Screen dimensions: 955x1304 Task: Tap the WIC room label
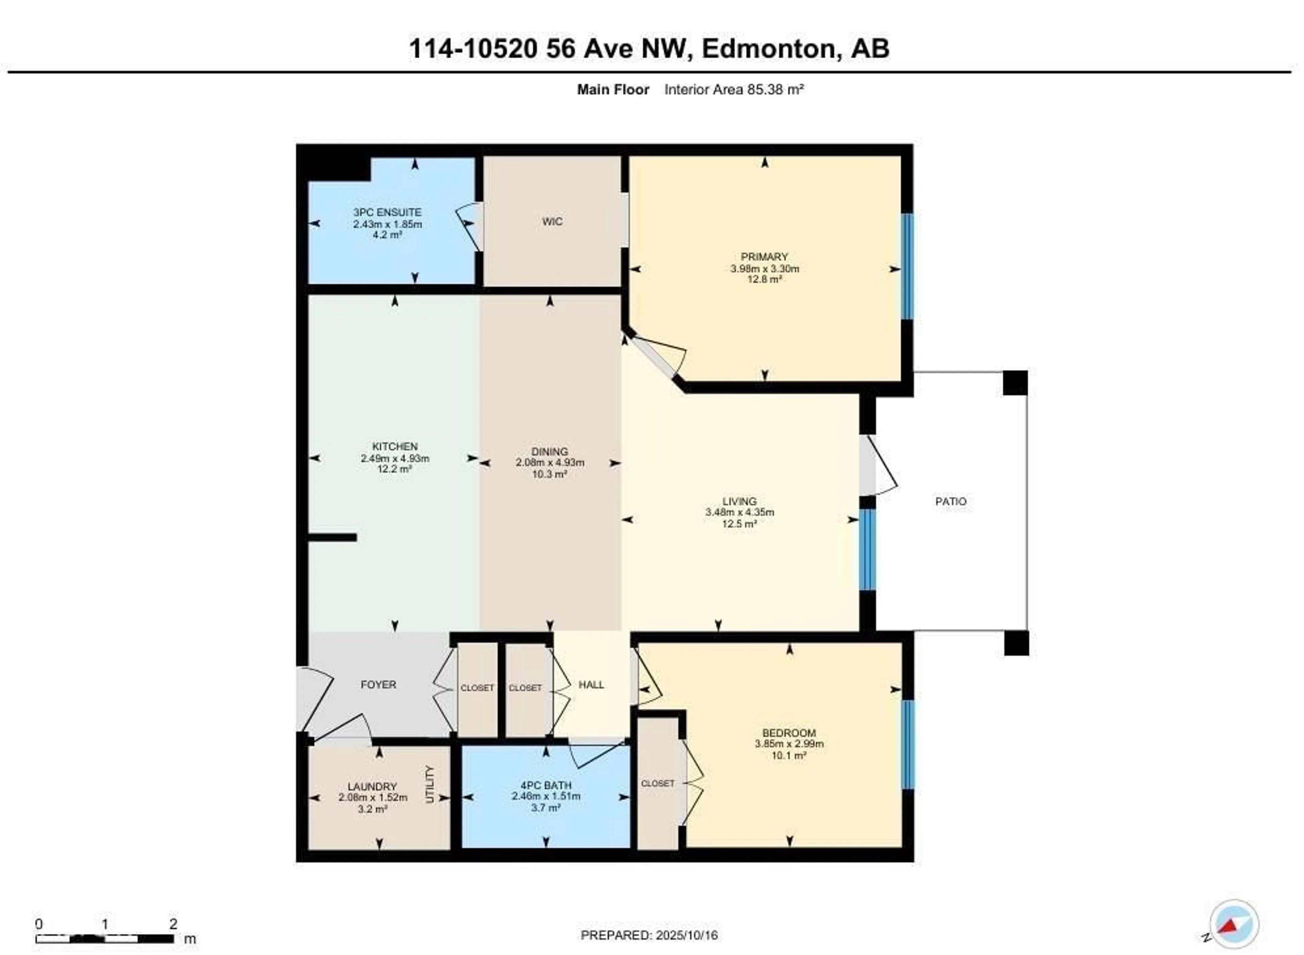[x=552, y=221]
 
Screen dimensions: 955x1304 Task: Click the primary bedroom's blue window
[x=907, y=266]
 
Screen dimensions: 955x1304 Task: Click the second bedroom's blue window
[x=907, y=745]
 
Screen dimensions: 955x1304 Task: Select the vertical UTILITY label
[x=430, y=785]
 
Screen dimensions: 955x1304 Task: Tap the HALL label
[x=591, y=685]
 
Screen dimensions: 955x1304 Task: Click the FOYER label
[x=378, y=685]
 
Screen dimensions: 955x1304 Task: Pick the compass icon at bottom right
[x=1233, y=923]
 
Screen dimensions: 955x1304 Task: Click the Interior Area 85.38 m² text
[x=734, y=90]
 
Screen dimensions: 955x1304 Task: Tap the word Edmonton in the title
[x=769, y=49]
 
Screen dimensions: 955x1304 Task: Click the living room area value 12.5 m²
[x=739, y=524]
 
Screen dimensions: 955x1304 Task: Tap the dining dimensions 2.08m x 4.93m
[x=549, y=463]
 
